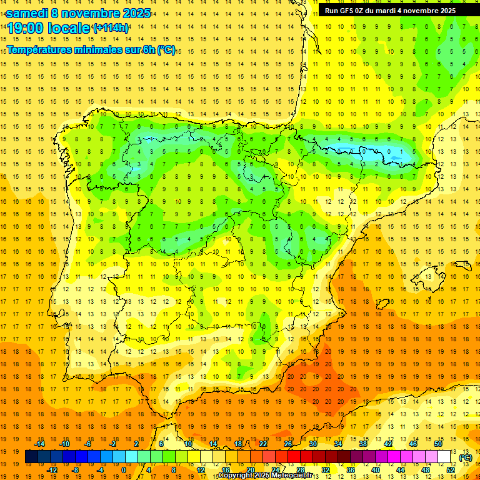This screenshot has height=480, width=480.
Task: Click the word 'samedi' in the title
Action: (28, 13)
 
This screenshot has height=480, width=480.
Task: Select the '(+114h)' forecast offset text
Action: (111, 28)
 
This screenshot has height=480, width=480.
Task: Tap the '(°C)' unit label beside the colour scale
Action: (466, 457)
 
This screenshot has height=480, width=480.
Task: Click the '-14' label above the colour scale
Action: (39, 444)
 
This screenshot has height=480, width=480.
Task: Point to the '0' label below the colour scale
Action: (124, 469)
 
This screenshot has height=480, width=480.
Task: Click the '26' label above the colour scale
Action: (288, 444)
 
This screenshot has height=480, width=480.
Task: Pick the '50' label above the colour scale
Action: (438, 444)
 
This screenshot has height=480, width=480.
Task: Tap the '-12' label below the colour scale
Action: (52, 469)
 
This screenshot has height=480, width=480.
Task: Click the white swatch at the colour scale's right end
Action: (444, 457)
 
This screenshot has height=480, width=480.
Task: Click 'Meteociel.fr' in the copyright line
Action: (297, 476)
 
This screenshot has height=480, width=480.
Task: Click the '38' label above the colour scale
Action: (363, 444)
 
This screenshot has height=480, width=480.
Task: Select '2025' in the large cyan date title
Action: (134, 13)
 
